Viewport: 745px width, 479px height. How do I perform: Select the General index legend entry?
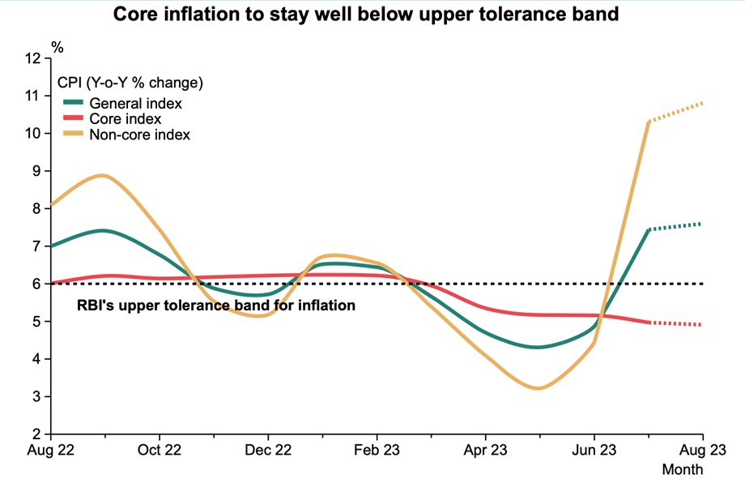pos(135,104)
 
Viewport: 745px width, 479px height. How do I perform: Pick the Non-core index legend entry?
pos(139,135)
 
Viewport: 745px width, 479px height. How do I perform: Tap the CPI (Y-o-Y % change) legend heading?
pos(130,83)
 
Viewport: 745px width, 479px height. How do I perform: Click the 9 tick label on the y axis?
pos(36,171)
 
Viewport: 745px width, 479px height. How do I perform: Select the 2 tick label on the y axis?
pos(36,434)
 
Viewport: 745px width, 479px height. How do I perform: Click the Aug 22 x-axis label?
pos(50,450)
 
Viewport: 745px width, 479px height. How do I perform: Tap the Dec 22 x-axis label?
pos(268,450)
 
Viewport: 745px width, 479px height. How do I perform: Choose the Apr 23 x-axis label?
pos(485,450)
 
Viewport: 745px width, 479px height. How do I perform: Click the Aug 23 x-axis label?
pos(701,450)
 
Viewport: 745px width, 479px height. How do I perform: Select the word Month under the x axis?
pos(683,469)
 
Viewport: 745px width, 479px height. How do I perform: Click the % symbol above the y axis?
pos(57,48)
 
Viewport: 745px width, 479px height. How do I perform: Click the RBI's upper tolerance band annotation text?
pos(216,306)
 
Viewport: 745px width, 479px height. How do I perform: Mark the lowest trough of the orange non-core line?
pos(539,388)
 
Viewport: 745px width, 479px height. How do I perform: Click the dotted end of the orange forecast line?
pos(700,103)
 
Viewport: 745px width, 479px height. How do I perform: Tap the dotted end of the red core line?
pos(700,325)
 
